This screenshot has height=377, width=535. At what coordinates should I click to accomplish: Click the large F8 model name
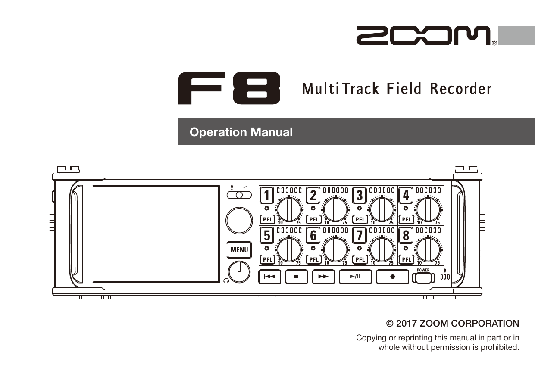(x=229, y=88)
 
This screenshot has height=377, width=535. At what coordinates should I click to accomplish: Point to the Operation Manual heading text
(x=241, y=132)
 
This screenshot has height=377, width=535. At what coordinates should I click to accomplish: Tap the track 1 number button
(x=267, y=196)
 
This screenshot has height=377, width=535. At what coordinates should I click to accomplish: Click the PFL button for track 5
(x=268, y=259)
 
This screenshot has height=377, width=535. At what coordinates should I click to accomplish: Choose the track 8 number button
(x=406, y=236)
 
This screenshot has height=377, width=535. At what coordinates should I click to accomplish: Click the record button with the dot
(x=392, y=277)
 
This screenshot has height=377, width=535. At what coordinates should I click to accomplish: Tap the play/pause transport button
(x=355, y=277)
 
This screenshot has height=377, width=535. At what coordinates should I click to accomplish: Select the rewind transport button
(x=269, y=277)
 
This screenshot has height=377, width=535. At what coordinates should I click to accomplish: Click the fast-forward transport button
(x=323, y=277)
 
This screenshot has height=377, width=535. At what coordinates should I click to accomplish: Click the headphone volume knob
(x=239, y=272)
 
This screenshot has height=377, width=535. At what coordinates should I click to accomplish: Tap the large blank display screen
(x=156, y=234)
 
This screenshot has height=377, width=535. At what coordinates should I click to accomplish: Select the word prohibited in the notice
(x=499, y=347)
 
